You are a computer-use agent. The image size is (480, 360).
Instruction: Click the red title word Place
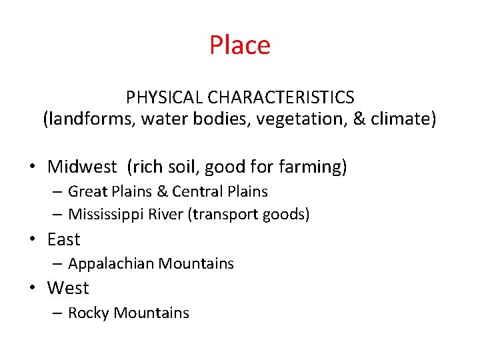pos(240,45)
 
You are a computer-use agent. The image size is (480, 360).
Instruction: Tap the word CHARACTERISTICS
pos(281,97)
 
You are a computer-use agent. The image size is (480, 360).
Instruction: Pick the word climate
pos(403,119)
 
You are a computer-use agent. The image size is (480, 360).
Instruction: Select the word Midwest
pos(82,167)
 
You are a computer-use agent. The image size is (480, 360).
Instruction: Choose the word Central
pos(196,192)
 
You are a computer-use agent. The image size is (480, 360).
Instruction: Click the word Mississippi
pos(106,215)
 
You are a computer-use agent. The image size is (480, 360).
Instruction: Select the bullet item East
pos(63,239)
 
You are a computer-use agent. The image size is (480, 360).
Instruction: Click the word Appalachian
pos(111,264)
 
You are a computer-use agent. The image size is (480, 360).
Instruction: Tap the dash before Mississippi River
pos(57,215)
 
